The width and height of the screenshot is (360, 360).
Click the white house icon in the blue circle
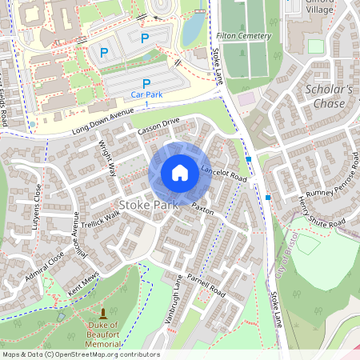(x=180, y=172)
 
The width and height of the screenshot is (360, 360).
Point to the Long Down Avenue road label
(x=100, y=121)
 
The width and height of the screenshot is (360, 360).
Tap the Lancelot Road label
(x=224, y=172)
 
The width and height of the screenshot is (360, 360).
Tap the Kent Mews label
(x=84, y=286)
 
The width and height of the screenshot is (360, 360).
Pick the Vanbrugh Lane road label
(x=178, y=296)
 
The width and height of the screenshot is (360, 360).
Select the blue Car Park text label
(x=146, y=94)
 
